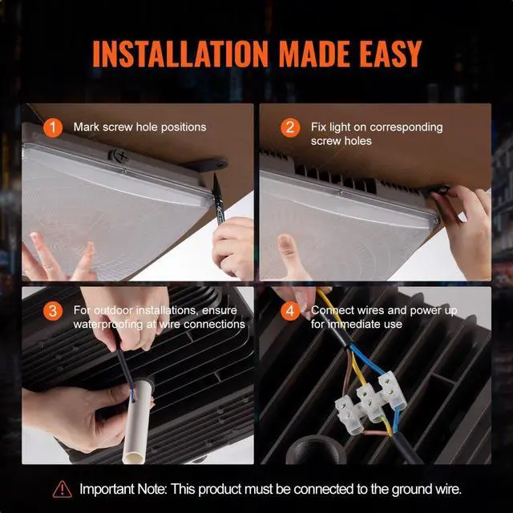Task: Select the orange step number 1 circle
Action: (53, 127)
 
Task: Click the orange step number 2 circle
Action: (290, 127)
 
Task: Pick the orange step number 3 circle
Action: (53, 311)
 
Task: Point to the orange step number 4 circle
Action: (290, 311)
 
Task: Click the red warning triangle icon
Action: (63, 490)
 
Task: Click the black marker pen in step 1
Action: (219, 200)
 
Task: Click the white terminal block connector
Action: (370, 402)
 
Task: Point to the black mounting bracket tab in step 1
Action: (207, 164)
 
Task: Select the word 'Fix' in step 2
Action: (318, 127)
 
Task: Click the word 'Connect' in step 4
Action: (331, 310)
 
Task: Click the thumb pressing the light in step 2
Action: (288, 252)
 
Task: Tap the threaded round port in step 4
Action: (316, 450)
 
